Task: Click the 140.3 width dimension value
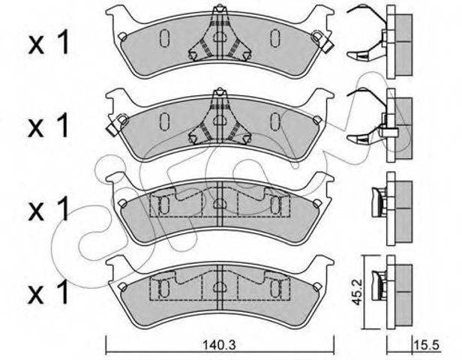(x=219, y=345)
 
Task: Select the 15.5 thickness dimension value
(x=427, y=345)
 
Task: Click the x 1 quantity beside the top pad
(x=49, y=43)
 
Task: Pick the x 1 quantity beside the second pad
(x=49, y=126)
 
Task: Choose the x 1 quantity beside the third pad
(x=49, y=209)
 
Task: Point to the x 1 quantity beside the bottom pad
(x=49, y=292)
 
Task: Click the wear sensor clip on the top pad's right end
(x=322, y=41)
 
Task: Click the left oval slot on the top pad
(x=164, y=38)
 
